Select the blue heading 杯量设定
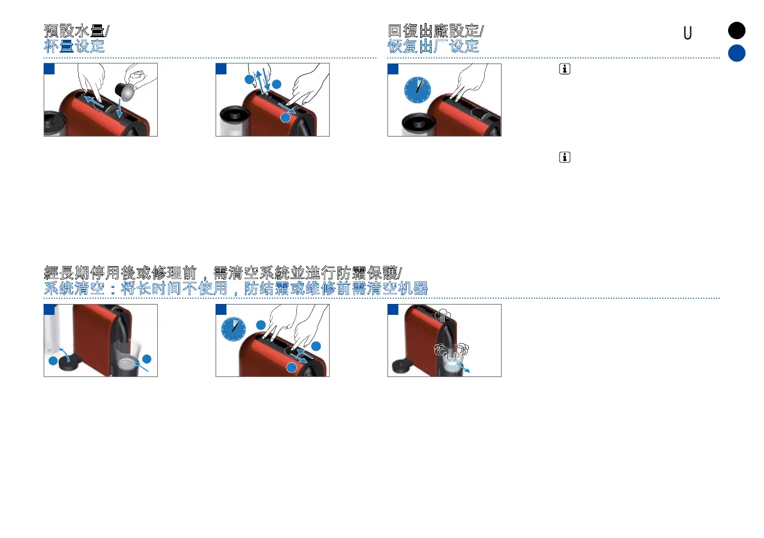[74, 46]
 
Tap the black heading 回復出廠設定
[434, 31]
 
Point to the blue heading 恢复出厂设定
[433, 46]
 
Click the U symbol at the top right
[687, 33]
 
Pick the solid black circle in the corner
[736, 31]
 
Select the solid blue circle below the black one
[736, 54]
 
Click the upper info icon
[565, 70]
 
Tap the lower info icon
[565, 157]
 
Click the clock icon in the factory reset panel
[417, 90]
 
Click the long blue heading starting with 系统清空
[236, 289]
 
